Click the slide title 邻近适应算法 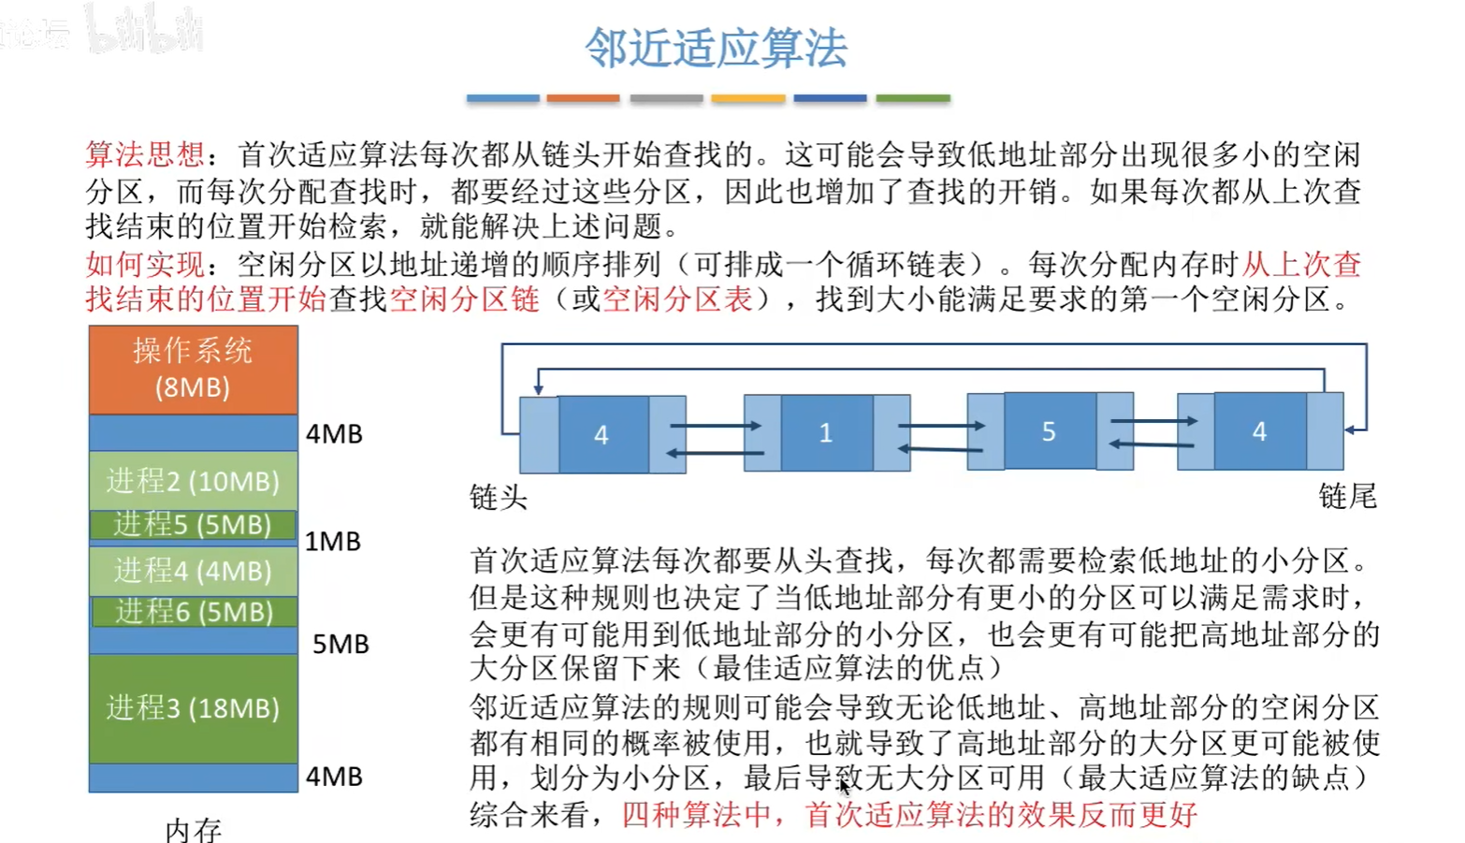click(716, 48)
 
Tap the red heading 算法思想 click(144, 154)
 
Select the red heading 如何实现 click(144, 265)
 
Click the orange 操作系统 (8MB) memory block click(193, 369)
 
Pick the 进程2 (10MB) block click(193, 481)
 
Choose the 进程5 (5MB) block click(193, 524)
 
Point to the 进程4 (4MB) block click(193, 570)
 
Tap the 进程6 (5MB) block click(193, 611)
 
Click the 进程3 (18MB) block click(193, 707)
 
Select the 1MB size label click(333, 542)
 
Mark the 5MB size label click(341, 644)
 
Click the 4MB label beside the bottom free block click(334, 777)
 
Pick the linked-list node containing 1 click(826, 432)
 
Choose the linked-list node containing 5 click(1049, 431)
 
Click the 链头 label click(499, 497)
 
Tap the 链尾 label click(1347, 496)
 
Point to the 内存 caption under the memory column click(193, 829)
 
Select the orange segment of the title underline click(583, 97)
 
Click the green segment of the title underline click(913, 97)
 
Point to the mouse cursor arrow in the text click(844, 786)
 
